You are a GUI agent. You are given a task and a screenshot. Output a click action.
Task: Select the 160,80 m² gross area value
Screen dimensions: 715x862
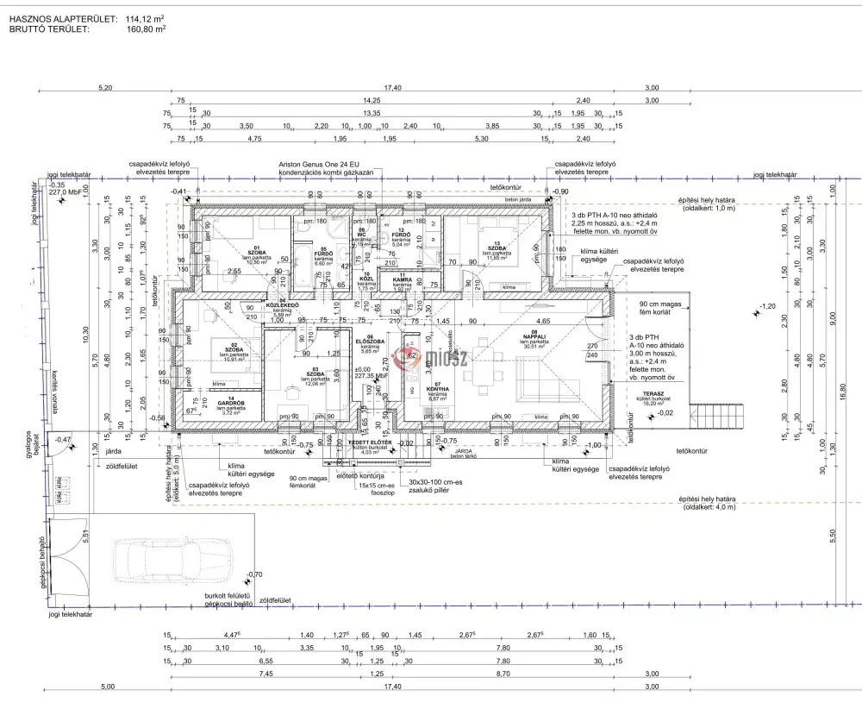pyautogui.click(x=147, y=28)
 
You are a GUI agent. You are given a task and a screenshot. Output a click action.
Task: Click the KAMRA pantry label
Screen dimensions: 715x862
pyautogui.click(x=402, y=279)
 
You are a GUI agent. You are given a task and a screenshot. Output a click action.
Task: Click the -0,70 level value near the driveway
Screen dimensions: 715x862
pyautogui.click(x=253, y=574)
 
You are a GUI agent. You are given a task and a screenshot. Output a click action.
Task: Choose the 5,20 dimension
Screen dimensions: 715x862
pyautogui.click(x=106, y=87)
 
